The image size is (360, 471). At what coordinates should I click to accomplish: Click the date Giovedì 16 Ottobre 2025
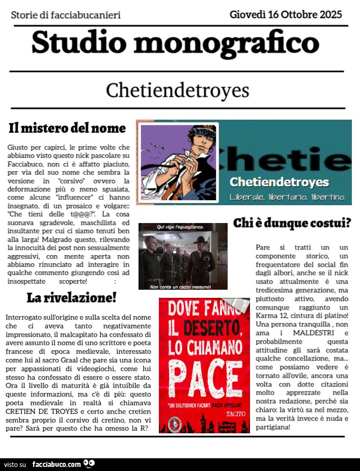tap(286, 14)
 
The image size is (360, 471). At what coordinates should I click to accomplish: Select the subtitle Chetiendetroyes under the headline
tap(177, 91)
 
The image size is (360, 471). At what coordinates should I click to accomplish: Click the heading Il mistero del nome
tap(67, 128)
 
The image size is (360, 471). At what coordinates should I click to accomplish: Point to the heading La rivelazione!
tap(71, 297)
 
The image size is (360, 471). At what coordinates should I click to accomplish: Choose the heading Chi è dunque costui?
tap(292, 223)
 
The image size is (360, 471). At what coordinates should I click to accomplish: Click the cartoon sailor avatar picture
tap(178, 162)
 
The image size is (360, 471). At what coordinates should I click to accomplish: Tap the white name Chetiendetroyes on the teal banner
tap(279, 182)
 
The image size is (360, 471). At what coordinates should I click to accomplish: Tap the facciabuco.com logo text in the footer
tap(56, 464)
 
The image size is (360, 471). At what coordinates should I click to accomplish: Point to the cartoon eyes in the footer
tap(89, 463)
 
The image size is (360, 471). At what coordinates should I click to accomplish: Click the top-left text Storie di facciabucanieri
tap(66, 15)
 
